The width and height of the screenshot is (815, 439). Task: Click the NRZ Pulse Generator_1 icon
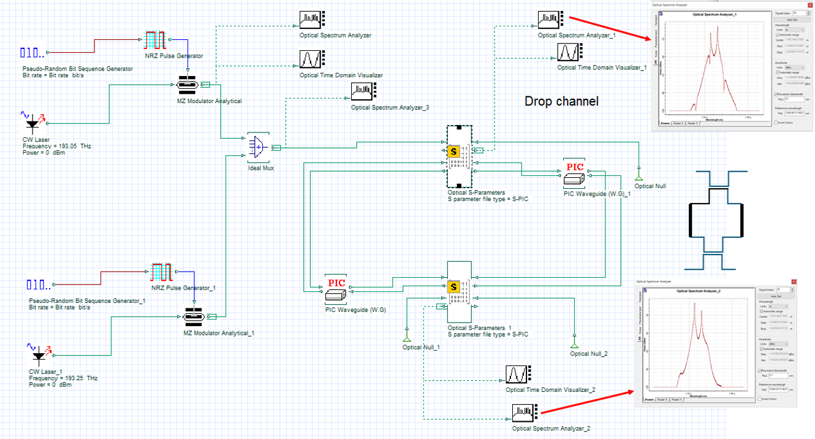pyautogui.click(x=162, y=273)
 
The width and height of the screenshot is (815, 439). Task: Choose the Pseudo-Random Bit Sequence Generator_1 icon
pyautogui.click(x=40, y=284)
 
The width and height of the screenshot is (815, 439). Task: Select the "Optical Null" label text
pyautogui.click(x=650, y=186)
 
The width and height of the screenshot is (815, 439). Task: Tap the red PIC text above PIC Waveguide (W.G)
pyautogui.click(x=336, y=283)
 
